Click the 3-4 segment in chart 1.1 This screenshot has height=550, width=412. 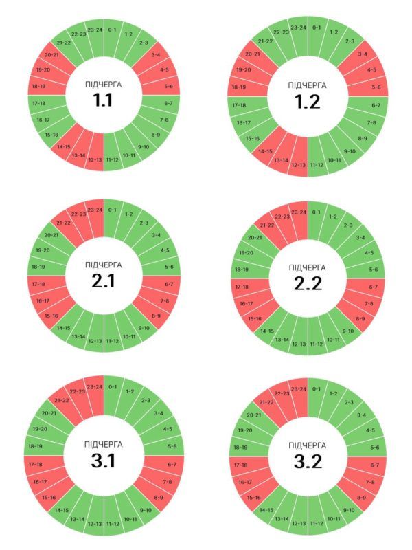click(x=155, y=55)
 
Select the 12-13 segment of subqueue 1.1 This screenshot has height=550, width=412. click(x=95, y=160)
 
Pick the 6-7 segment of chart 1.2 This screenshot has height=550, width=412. click(x=375, y=105)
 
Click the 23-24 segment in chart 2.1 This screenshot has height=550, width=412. click(x=95, y=210)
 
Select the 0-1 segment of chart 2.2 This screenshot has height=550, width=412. click(x=317, y=212)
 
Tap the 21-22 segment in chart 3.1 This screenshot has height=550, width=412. click(x=62, y=400)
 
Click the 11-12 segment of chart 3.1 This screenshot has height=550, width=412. click(x=112, y=524)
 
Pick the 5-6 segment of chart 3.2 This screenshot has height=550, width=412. click(x=374, y=447)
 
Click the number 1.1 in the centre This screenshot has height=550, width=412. click(x=104, y=100)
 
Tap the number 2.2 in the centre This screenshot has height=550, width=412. click(x=307, y=283)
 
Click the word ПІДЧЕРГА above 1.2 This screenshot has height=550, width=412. click(x=307, y=85)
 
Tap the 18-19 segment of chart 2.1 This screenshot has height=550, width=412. click(x=38, y=267)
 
